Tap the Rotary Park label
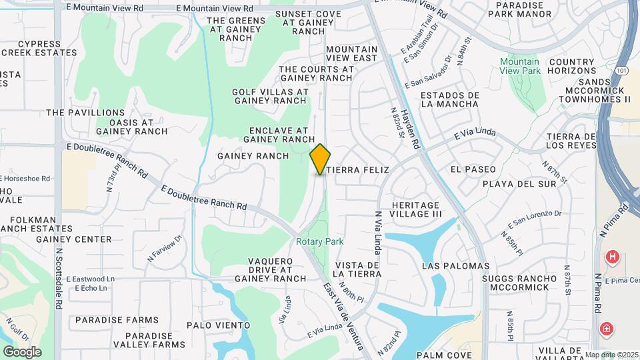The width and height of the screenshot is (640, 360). (x=320, y=241)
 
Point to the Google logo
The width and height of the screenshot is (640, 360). (x=22, y=351)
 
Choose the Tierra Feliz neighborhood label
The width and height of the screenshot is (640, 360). (x=357, y=170)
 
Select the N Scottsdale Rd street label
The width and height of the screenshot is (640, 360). (x=59, y=273)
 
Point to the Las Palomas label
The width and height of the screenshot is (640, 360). (x=455, y=266)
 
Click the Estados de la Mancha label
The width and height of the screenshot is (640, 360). (x=449, y=99)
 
